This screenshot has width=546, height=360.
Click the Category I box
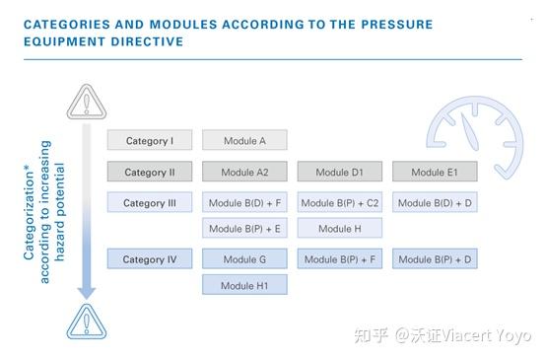click(x=150, y=141)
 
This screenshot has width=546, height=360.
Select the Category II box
click(x=150, y=173)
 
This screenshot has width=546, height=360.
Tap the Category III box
click(x=150, y=203)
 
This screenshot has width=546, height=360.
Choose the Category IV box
click(x=150, y=260)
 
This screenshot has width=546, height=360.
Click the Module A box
click(x=244, y=141)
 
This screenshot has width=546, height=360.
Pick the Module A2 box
click(x=244, y=173)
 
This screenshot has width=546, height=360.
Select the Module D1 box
click(x=340, y=173)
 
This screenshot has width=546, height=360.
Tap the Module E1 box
click(x=435, y=173)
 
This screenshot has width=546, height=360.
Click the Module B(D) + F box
click(x=244, y=203)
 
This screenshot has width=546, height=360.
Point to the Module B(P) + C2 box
click(x=340, y=203)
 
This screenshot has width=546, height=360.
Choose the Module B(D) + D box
click(x=435, y=203)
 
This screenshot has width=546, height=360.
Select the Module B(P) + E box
click(x=244, y=229)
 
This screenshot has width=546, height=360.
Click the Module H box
click(x=340, y=229)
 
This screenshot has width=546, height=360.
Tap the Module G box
click(x=244, y=260)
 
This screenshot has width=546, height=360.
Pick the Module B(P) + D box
click(x=435, y=260)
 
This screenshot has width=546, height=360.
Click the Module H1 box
click(x=244, y=285)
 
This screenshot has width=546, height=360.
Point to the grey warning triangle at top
click(x=86, y=101)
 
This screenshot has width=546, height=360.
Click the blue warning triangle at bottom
click(x=86, y=321)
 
